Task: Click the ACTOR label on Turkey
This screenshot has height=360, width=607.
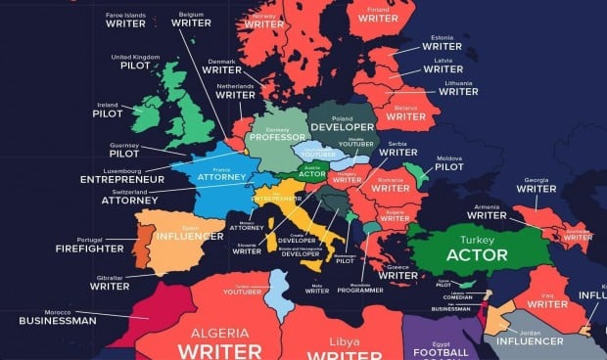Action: coord(477,254)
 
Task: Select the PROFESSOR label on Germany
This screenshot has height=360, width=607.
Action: coord(278,137)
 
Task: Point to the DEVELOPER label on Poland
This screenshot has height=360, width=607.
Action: coord(342,127)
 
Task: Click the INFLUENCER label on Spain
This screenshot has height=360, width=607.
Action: coord(190,235)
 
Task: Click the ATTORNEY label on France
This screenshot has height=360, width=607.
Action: coord(221,178)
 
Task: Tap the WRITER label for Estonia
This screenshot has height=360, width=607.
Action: coord(443,46)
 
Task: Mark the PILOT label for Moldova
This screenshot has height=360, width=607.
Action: coord(449,167)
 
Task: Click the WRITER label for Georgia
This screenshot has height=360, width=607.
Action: coord(536,189)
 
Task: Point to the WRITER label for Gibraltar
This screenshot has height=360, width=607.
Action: coord(110,286)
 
